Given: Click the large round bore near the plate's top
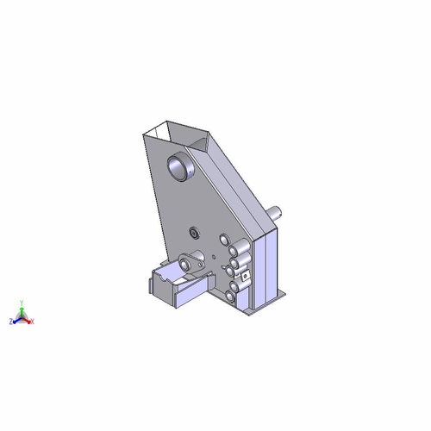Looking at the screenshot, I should [x=181, y=166].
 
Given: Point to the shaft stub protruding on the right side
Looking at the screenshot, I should [x=278, y=210].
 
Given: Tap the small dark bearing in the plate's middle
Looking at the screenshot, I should [x=196, y=231].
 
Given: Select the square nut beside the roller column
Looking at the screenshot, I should [x=246, y=276].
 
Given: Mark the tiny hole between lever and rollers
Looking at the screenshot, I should [x=212, y=255].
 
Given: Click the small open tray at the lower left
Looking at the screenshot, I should [x=173, y=285].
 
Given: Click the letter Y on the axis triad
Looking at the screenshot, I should [x=23, y=303].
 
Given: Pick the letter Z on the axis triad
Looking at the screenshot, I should [x=10, y=322].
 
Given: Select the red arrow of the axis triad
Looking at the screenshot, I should [x=28, y=320].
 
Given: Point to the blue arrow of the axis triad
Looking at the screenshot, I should [x=16, y=320].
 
